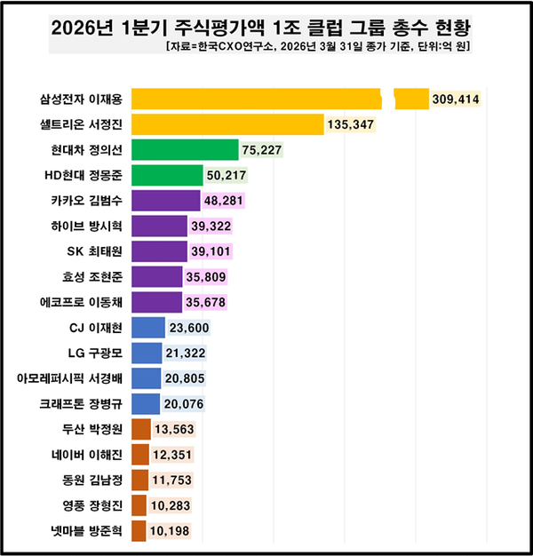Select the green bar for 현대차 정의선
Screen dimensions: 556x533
[185, 149]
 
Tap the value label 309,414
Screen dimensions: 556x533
[456, 99]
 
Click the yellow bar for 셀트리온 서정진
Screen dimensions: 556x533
[227, 124]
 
